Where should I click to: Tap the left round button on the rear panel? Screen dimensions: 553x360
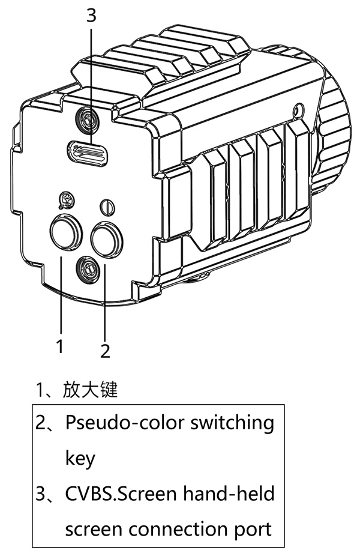(64, 232)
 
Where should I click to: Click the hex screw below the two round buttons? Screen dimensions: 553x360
(88, 268)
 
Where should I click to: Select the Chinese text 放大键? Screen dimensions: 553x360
(90, 390)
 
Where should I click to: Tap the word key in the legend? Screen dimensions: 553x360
(80, 459)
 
